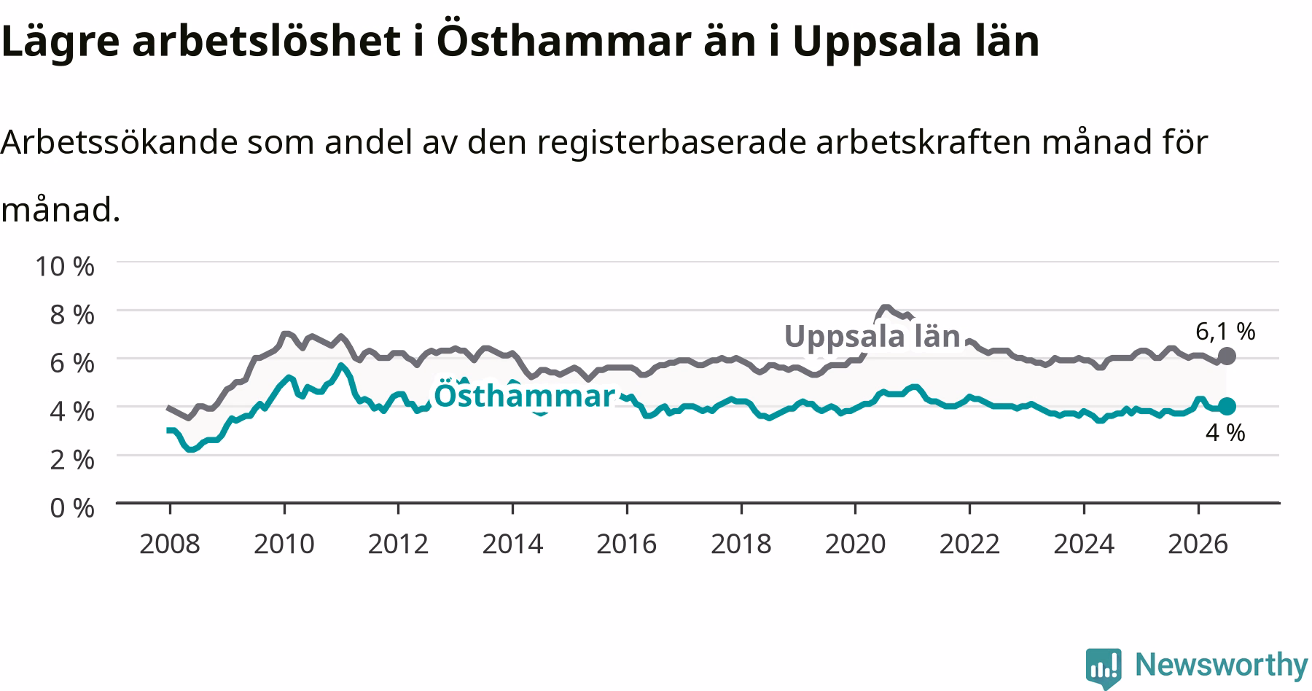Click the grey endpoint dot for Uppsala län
pyautogui.click(x=1227, y=356)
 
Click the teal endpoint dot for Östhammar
pyautogui.click(x=1227, y=406)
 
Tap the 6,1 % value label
pyautogui.click(x=1225, y=332)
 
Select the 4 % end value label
pyautogui.click(x=1225, y=433)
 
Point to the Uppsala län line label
pyautogui.click(x=872, y=336)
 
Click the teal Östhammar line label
pyautogui.click(x=524, y=396)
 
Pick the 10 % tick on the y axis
pyautogui.click(x=65, y=266)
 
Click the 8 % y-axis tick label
pyautogui.click(x=71, y=315)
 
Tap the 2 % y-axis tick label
pyautogui.click(x=71, y=459)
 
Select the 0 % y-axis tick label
pyautogui.click(x=71, y=507)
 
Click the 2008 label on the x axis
pyautogui.click(x=170, y=544)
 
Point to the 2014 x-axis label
pyautogui.click(x=512, y=544)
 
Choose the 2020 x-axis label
pyautogui.click(x=855, y=544)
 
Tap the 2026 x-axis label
pyautogui.click(x=1198, y=544)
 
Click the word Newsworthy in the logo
pyautogui.click(x=1222, y=665)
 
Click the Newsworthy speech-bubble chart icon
pyautogui.click(x=1104, y=667)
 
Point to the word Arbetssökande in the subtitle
pyautogui.click(x=120, y=142)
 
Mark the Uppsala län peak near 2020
pyautogui.click(x=885, y=307)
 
